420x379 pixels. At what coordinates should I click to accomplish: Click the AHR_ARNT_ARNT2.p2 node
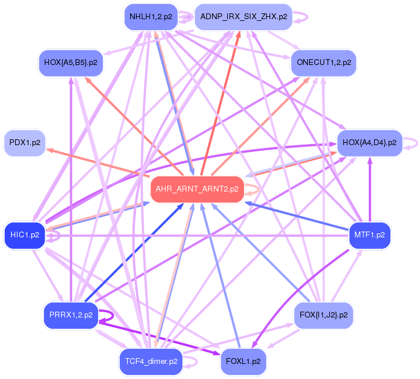197,189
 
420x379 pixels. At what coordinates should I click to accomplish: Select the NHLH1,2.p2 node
150,17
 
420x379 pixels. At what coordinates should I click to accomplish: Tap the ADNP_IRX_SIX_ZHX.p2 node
243,17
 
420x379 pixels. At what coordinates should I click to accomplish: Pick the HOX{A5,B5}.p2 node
70,62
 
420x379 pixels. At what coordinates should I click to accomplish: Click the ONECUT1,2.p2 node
324,62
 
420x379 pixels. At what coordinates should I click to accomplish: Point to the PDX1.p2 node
24,143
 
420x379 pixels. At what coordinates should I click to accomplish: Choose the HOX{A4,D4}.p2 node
369,142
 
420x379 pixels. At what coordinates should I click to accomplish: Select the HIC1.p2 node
24,235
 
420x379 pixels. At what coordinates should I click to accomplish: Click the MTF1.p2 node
369,235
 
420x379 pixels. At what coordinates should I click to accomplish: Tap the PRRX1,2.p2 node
70,315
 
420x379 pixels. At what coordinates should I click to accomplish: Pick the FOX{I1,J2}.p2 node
324,315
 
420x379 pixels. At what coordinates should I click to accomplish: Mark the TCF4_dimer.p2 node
150,361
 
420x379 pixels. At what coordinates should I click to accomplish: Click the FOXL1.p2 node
243,361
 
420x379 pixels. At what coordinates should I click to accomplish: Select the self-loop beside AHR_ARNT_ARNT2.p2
254,190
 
